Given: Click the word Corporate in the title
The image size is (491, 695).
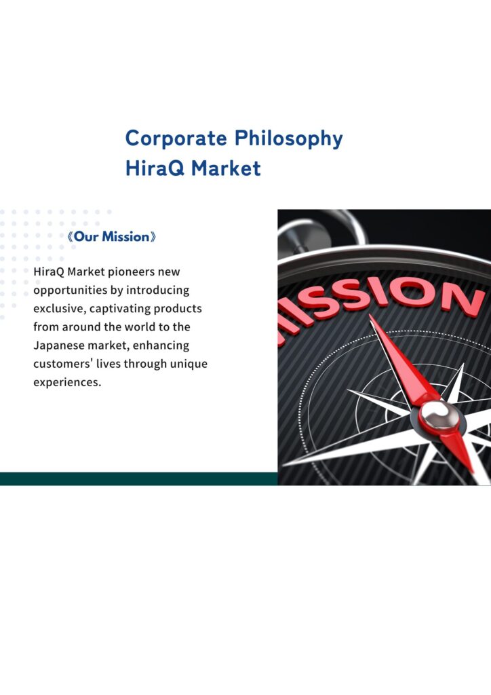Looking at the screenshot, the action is [176, 138].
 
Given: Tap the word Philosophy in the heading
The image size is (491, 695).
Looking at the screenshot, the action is [288, 139].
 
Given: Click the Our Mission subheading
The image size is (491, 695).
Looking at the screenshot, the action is [112, 237].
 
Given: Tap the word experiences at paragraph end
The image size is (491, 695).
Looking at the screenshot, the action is [67, 383].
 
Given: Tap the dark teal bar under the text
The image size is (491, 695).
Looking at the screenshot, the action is [138, 478].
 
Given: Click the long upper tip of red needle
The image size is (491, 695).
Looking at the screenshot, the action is [370, 315].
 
